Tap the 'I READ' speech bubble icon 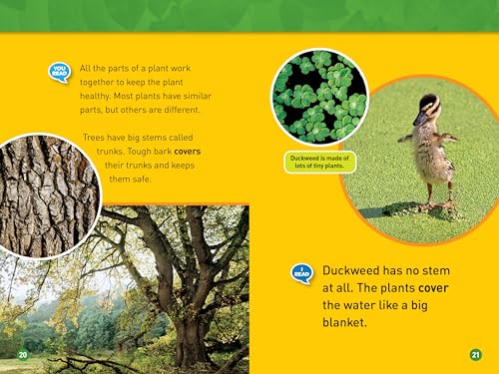[302, 271]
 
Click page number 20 [22, 354]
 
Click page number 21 [475, 354]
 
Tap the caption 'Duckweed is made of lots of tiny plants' [318, 163]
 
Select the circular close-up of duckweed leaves [319, 97]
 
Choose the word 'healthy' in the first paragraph [98, 95]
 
